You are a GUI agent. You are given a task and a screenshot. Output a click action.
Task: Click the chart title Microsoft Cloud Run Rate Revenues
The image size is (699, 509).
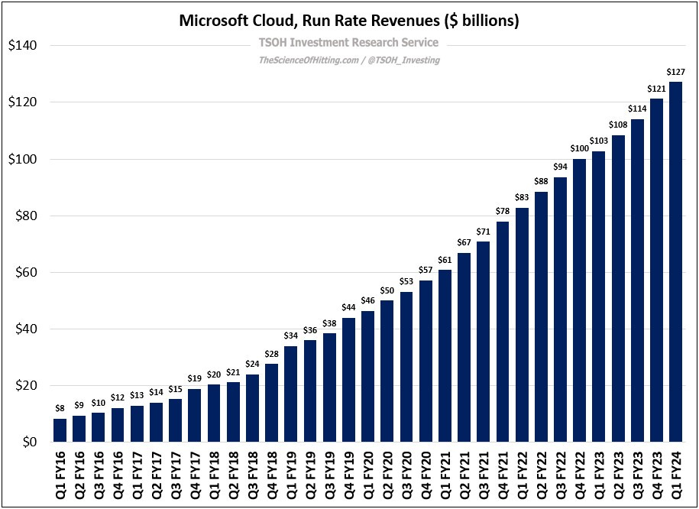pyautogui.click(x=349, y=21)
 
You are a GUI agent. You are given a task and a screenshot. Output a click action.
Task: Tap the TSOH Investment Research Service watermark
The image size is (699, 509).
pyautogui.click(x=349, y=43)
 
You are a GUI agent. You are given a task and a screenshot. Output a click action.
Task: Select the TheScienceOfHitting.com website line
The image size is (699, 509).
pyautogui.click(x=349, y=60)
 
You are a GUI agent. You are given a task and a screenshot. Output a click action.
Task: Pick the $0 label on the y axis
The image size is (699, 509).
pyautogui.click(x=30, y=443)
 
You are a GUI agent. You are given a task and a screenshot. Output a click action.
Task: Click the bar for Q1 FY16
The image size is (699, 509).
pyautogui.click(x=60, y=430)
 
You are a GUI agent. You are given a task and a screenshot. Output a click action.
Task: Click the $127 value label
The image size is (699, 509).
pyautogui.click(x=675, y=73)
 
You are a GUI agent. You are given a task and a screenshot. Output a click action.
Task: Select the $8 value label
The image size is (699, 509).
pyautogui.click(x=60, y=409)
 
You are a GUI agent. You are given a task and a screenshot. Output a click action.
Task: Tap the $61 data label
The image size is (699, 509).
pyautogui.click(x=445, y=260)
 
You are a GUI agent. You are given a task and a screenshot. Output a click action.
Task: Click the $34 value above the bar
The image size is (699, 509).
pyautogui.click(x=290, y=336)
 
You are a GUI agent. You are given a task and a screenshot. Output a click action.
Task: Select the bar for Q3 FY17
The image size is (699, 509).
pyautogui.click(x=175, y=420)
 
